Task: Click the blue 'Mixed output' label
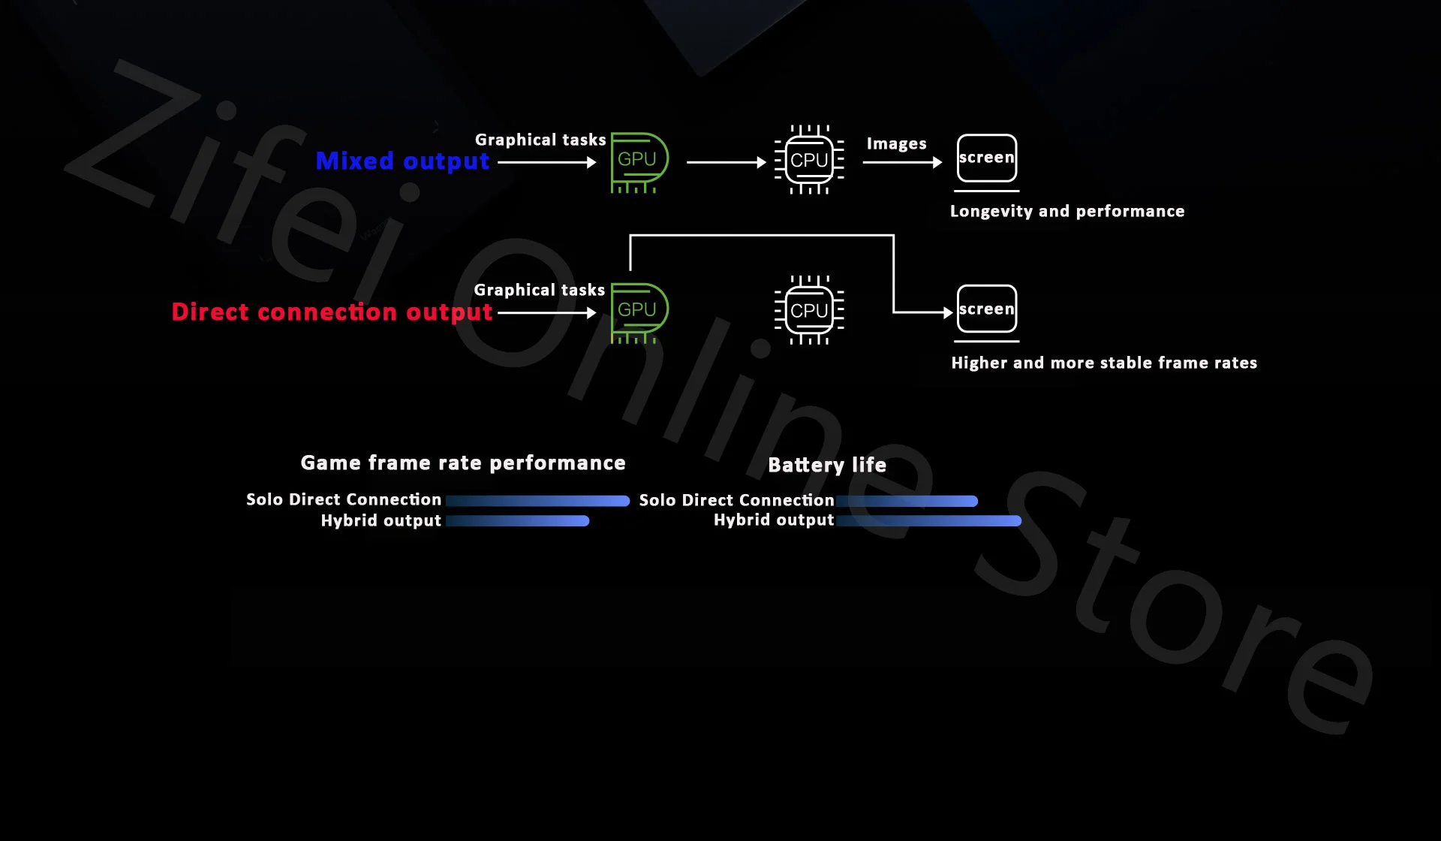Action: [402, 161]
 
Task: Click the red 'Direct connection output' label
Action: [332, 312]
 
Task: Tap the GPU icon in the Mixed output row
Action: [639, 161]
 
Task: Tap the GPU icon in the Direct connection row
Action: [639, 312]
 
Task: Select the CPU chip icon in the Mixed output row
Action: [809, 160]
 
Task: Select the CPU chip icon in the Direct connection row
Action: [809, 310]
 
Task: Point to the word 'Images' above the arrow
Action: [896, 143]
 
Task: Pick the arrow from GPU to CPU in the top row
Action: [726, 162]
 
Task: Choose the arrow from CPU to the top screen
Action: [901, 162]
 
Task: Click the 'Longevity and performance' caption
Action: [1066, 211]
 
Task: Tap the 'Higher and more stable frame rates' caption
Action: [1103, 363]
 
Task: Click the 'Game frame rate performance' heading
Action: [463, 463]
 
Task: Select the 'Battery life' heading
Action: [827, 465]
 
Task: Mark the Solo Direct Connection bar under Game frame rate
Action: [537, 501]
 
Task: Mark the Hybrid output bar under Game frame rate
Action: [517, 521]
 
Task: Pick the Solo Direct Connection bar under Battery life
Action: [907, 501]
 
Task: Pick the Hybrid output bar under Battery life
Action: [928, 521]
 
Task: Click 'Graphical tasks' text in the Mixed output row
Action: [540, 140]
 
